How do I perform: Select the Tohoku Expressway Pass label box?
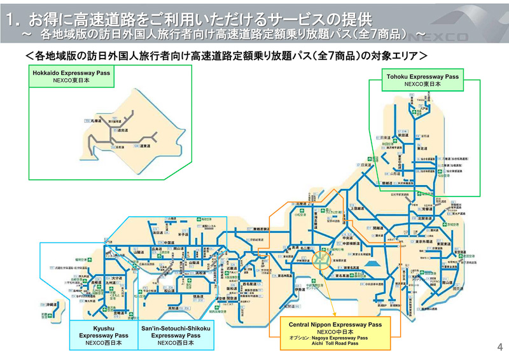click(x=422, y=80)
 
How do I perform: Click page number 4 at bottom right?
click(x=499, y=347)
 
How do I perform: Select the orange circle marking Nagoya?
click(x=322, y=259)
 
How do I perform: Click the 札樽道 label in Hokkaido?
click(x=97, y=120)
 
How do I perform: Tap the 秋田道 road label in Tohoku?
click(x=403, y=135)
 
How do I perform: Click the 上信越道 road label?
click(x=357, y=208)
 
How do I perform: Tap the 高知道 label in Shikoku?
click(x=172, y=308)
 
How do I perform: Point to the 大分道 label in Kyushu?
click(x=116, y=278)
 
